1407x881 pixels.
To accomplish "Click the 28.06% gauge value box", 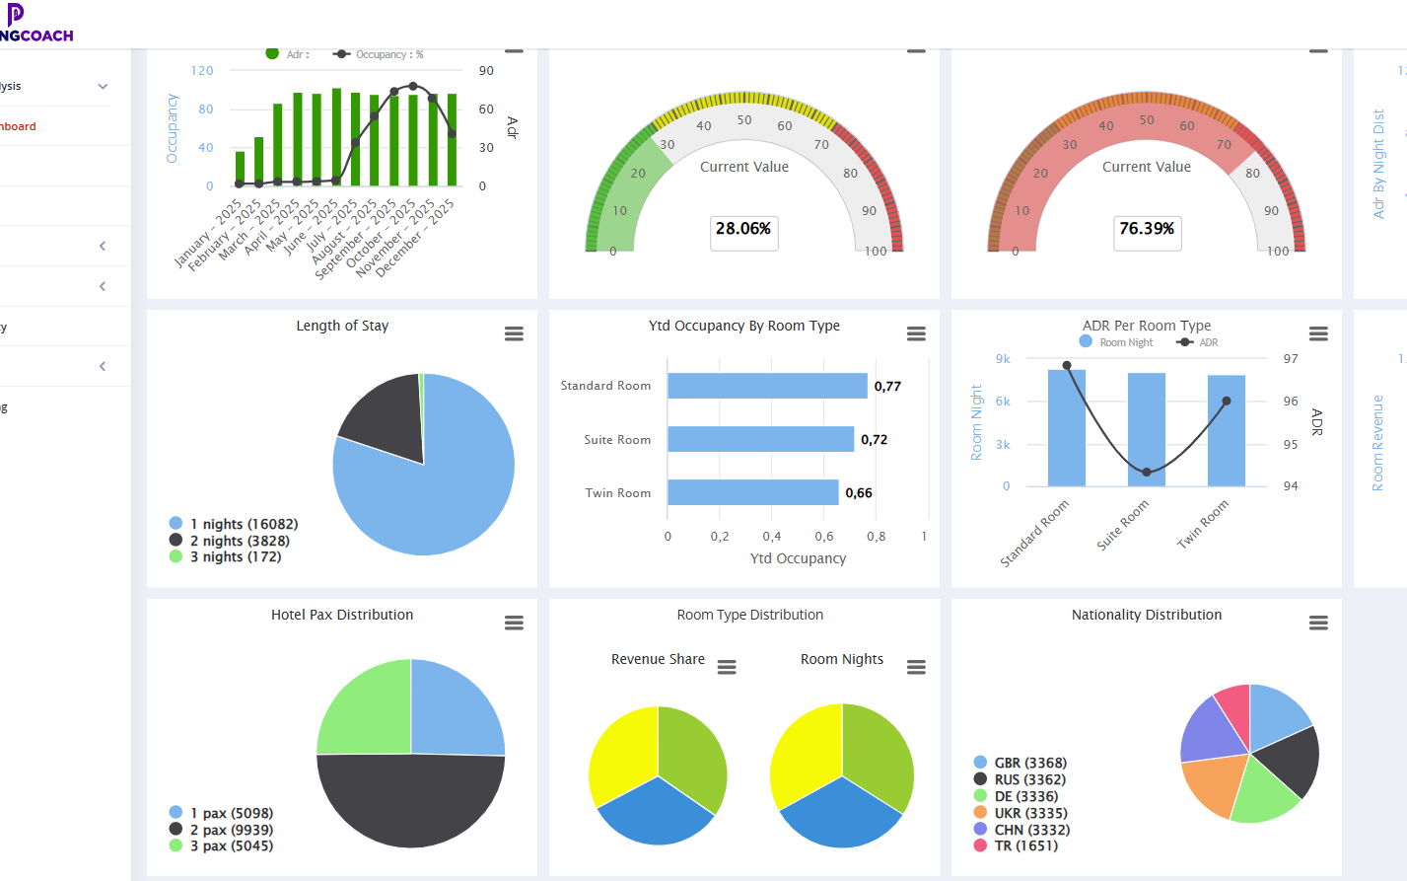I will (x=743, y=230).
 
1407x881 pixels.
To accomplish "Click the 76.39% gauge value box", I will (x=1147, y=230).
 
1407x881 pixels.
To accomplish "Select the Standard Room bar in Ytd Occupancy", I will (x=767, y=386).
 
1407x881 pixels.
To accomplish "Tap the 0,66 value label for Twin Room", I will (x=859, y=493).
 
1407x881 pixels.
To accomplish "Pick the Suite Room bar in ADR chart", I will (x=1146, y=429).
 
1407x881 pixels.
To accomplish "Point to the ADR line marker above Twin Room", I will (x=1227, y=401).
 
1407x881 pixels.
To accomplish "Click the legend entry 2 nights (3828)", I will (x=239, y=541).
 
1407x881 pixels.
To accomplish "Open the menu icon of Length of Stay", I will (x=514, y=333).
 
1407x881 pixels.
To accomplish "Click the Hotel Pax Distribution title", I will (x=342, y=615).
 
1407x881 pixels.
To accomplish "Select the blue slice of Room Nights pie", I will (x=841, y=813).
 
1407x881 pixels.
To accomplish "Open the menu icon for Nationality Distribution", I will (x=1318, y=623).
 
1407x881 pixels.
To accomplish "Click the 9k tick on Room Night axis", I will (x=1003, y=359).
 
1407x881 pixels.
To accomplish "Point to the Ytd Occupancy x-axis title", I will (x=798, y=558).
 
